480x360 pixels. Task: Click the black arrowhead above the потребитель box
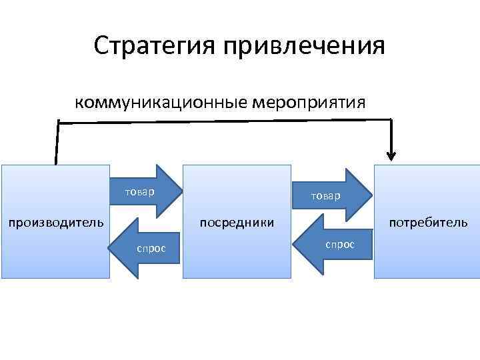click(391, 156)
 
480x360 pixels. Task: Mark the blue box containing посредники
click(237, 253)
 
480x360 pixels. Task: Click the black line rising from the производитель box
click(57, 143)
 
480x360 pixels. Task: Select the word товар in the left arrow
click(139, 192)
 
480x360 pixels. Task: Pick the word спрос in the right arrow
click(340, 245)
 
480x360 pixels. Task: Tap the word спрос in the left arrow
click(151, 248)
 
